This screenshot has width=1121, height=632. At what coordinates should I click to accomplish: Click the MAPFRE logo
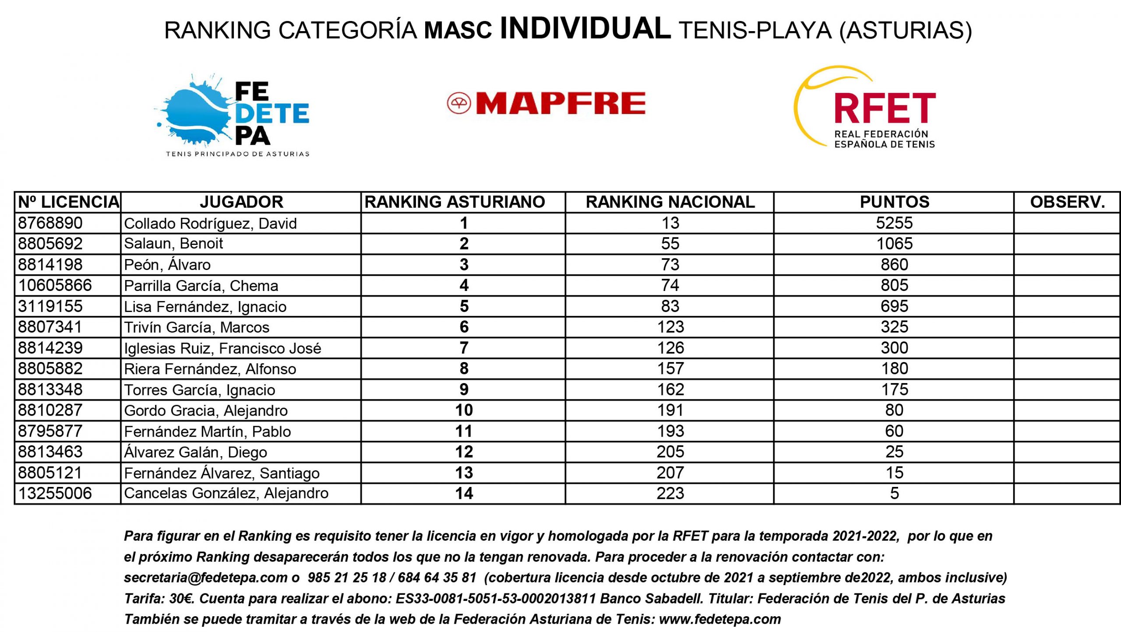(546, 103)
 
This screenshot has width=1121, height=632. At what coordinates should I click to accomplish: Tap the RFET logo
(865, 108)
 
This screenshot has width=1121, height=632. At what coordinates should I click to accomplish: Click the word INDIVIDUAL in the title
(585, 28)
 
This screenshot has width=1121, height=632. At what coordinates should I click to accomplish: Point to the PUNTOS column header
(894, 202)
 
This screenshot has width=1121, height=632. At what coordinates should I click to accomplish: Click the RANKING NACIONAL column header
(670, 202)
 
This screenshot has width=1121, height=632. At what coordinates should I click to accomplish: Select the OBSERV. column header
(1067, 202)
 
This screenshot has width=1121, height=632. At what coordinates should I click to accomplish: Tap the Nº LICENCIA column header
(68, 202)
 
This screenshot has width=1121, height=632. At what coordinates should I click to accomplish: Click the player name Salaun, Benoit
(173, 244)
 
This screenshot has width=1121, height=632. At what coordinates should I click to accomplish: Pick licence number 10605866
(55, 285)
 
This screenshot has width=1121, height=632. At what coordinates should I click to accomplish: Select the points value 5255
(894, 223)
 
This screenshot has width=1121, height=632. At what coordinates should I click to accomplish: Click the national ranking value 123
(670, 327)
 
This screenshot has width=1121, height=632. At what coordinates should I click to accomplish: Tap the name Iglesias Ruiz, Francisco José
(222, 348)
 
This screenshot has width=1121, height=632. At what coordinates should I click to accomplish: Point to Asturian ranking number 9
(464, 390)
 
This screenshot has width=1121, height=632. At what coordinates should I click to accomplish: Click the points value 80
(894, 410)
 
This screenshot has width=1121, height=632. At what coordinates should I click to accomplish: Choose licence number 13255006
(55, 494)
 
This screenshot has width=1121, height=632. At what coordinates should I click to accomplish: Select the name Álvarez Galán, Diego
(195, 452)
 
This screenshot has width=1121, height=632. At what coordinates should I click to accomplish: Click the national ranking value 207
(670, 473)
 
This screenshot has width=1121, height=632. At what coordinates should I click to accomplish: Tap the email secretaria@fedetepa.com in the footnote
(205, 578)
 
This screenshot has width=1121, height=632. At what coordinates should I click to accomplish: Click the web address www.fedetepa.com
(720, 619)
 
